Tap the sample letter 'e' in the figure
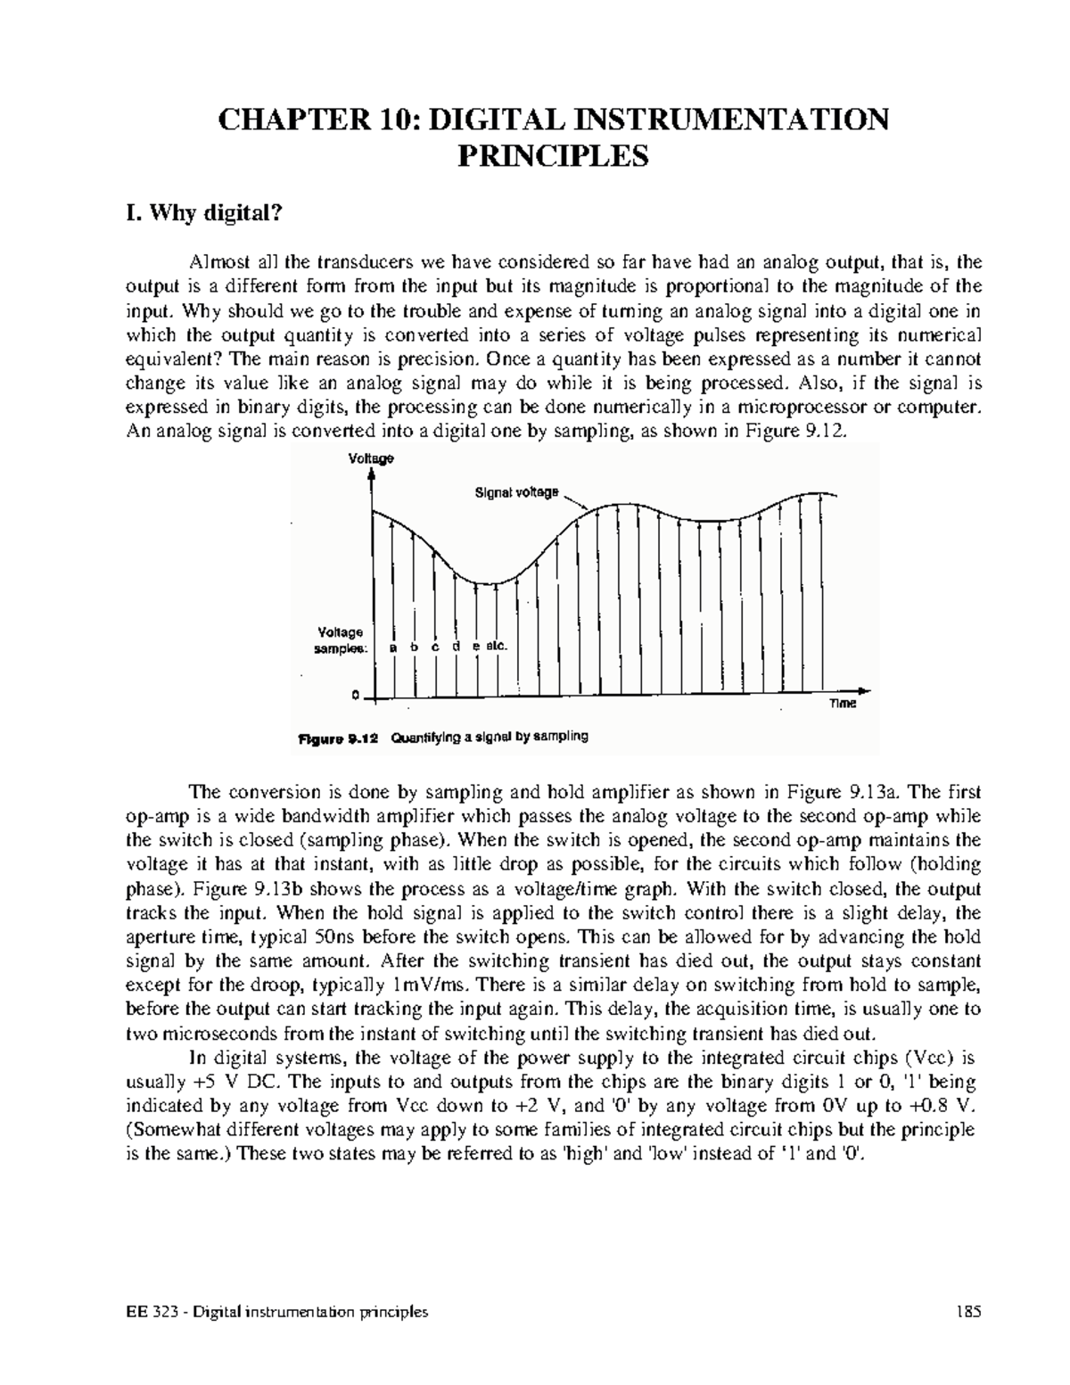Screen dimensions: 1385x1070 pos(476,647)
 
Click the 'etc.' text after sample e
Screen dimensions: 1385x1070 pos(496,647)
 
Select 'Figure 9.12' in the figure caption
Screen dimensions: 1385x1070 pos(339,739)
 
